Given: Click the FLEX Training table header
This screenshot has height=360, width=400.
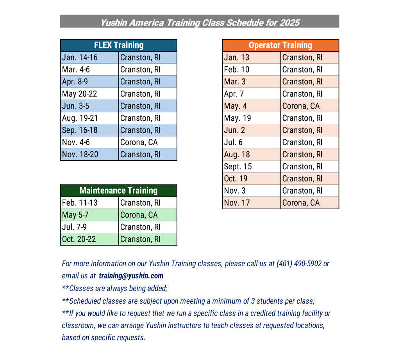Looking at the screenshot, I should tap(118, 45).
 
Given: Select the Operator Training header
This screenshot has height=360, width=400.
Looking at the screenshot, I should tap(280, 45).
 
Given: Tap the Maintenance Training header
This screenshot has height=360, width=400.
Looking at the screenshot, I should tap(118, 191).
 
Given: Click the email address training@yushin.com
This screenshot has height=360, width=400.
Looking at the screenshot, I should tap(131, 276).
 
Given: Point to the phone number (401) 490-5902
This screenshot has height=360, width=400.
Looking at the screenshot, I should tap(299, 264).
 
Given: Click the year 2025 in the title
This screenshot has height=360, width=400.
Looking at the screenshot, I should tap(289, 22).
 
